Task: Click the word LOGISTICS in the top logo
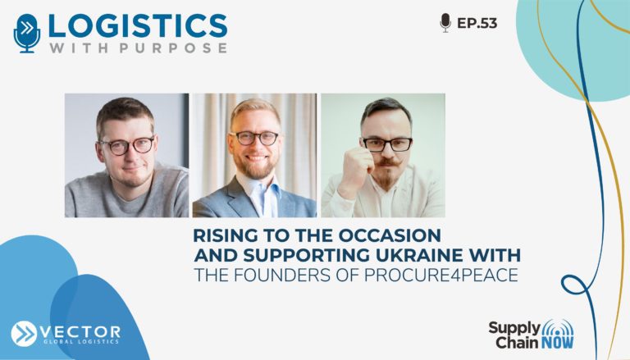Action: tap(138, 26)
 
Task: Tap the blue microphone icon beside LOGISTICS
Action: tap(27, 33)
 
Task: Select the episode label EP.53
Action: tap(477, 23)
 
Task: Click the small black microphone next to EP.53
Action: tap(445, 22)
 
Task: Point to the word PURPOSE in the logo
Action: tap(173, 48)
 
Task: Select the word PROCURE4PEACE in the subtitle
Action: tap(441, 276)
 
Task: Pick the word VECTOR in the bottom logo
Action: tap(80, 332)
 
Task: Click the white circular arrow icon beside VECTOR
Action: tap(24, 334)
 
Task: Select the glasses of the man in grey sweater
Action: tap(127, 145)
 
